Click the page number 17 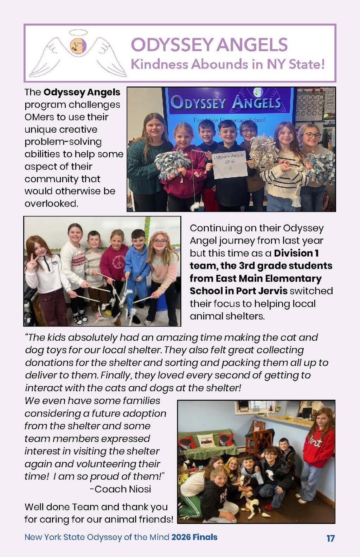point(330,538)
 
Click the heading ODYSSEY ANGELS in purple point(209,45)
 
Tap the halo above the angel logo point(78,33)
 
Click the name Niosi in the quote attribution point(140,489)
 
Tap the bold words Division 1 point(296,253)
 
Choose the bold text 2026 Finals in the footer point(194,537)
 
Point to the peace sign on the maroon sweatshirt point(117,263)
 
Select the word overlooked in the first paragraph point(51,203)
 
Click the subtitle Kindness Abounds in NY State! point(227,64)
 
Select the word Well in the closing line point(34,507)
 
